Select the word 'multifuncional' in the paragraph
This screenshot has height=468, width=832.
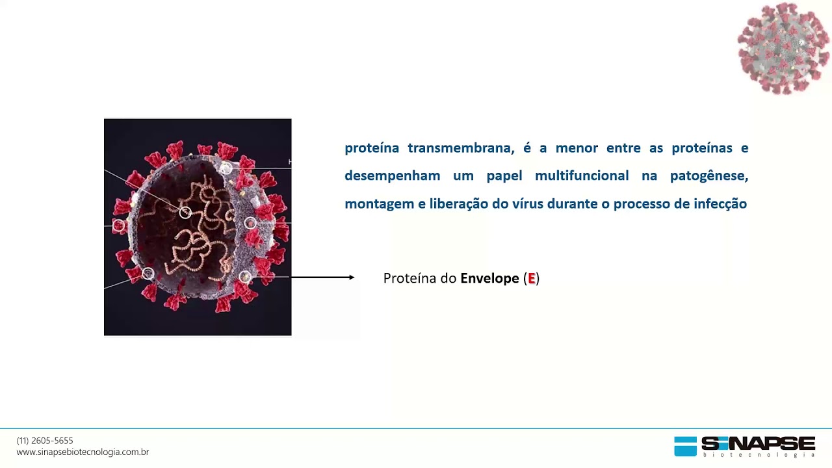[x=573, y=176]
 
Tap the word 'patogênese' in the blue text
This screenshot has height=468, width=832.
[x=709, y=176]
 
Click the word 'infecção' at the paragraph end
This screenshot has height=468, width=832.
[x=720, y=204]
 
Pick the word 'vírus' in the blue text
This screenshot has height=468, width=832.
[x=527, y=204]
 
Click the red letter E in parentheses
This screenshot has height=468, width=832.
[x=532, y=278]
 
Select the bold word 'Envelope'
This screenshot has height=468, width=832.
[x=489, y=278]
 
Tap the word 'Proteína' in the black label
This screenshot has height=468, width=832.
[x=409, y=278]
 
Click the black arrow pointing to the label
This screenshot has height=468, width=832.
[x=322, y=278]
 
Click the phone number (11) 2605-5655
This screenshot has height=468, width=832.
[x=45, y=441]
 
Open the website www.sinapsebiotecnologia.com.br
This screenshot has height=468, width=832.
[x=83, y=452]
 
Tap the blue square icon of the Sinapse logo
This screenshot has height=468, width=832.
[x=685, y=446]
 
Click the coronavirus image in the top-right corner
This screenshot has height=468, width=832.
[x=784, y=48]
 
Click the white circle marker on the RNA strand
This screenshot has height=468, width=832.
[x=185, y=213]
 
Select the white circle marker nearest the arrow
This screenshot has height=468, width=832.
[x=245, y=277]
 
